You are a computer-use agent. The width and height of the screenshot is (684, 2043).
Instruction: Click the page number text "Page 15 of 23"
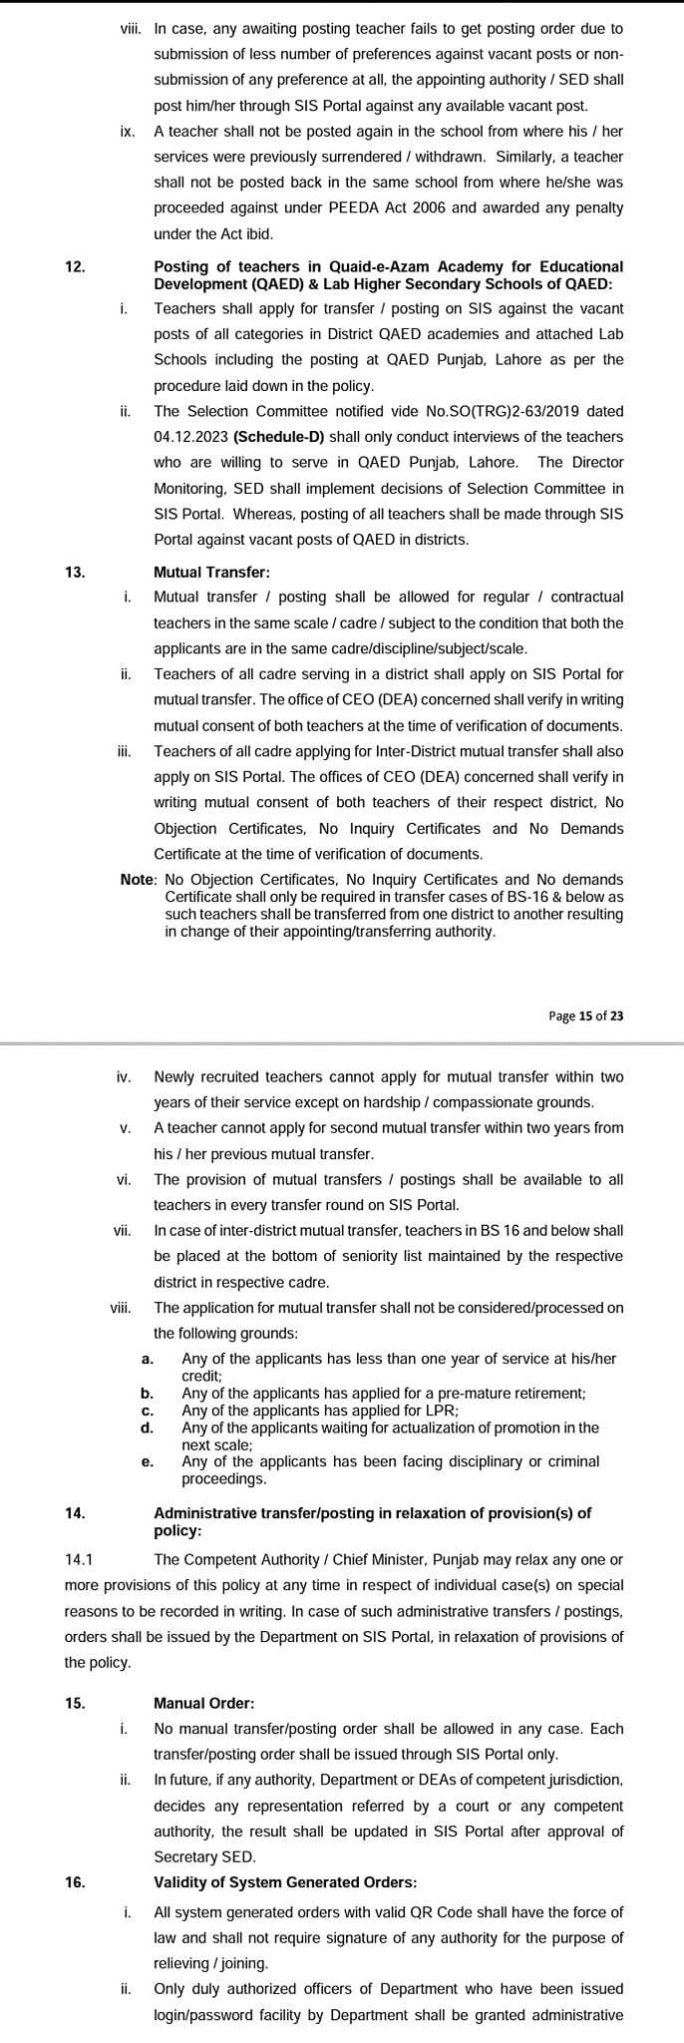586,1016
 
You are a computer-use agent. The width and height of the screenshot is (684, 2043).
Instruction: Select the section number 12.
75,266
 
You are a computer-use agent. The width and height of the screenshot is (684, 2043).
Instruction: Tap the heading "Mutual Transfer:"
211,572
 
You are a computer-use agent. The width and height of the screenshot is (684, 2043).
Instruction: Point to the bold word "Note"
138,879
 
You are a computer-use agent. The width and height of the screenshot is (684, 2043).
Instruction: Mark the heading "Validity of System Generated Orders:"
285,1882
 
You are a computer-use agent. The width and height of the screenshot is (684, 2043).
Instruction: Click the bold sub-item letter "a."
148,1359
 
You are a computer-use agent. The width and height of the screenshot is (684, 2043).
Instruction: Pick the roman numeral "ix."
128,131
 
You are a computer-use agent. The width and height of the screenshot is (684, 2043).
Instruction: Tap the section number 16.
75,1882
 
